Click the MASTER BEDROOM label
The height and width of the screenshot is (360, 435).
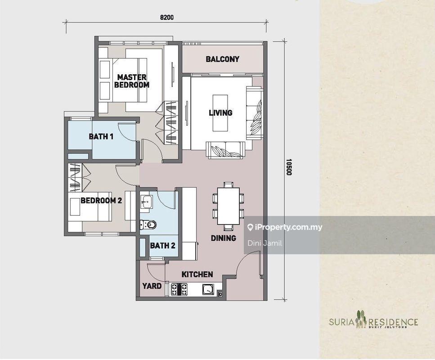(x=131, y=81)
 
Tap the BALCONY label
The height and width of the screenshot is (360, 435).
(x=222, y=59)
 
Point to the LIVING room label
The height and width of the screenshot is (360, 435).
(x=220, y=112)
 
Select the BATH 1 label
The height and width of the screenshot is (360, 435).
(x=101, y=136)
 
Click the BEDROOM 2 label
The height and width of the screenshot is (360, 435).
(x=101, y=201)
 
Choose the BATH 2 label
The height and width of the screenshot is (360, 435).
(x=162, y=245)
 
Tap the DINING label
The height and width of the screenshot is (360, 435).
(x=223, y=238)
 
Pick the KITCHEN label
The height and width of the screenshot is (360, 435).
(x=197, y=274)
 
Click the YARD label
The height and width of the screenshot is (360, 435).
(x=152, y=286)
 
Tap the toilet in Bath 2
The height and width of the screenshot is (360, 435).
(x=148, y=224)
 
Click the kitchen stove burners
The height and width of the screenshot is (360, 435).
(x=179, y=289)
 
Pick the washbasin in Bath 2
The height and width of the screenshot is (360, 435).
(x=145, y=201)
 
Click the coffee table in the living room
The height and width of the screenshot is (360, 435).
(x=220, y=112)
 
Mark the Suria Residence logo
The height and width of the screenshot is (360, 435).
(x=373, y=321)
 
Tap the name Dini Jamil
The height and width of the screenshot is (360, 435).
(x=259, y=243)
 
